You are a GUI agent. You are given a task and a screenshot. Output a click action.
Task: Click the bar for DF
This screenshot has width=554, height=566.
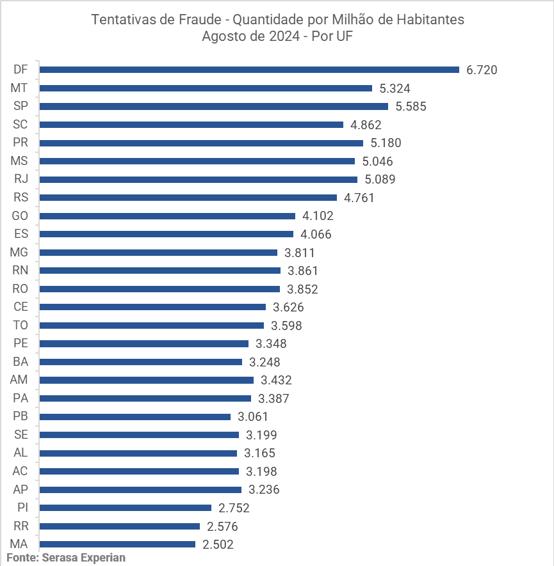tap(250, 70)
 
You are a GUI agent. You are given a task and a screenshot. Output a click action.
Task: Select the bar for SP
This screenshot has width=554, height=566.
tap(214, 106)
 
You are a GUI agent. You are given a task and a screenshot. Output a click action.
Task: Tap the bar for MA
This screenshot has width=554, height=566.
tap(118, 544)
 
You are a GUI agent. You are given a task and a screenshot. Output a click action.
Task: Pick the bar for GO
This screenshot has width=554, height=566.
tap(168, 216)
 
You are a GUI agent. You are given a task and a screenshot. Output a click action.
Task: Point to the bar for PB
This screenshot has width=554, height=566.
tap(135, 416)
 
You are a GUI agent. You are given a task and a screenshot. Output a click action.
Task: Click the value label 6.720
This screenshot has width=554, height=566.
tap(482, 70)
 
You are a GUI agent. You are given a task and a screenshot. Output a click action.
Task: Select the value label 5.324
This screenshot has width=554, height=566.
tap(395, 88)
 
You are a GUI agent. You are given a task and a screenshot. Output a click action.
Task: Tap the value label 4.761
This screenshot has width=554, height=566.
tap(359, 198)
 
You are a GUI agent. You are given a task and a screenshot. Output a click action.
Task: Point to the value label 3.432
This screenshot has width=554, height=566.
tap(276, 380)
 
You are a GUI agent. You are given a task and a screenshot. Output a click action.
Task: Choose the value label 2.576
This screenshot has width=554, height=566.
tap(222, 526)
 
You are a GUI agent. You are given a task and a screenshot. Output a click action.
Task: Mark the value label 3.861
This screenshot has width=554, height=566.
tap(302, 271)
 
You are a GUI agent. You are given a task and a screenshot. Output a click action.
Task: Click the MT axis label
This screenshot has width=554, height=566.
tap(20, 88)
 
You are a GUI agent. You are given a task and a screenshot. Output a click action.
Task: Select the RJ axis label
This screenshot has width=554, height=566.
tap(20, 179)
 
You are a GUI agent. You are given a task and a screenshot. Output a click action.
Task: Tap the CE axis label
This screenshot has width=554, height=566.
tap(20, 307)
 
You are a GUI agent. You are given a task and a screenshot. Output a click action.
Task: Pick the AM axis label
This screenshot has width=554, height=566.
tap(19, 380)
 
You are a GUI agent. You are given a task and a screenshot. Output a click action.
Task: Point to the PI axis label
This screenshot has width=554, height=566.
tap(22, 508)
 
